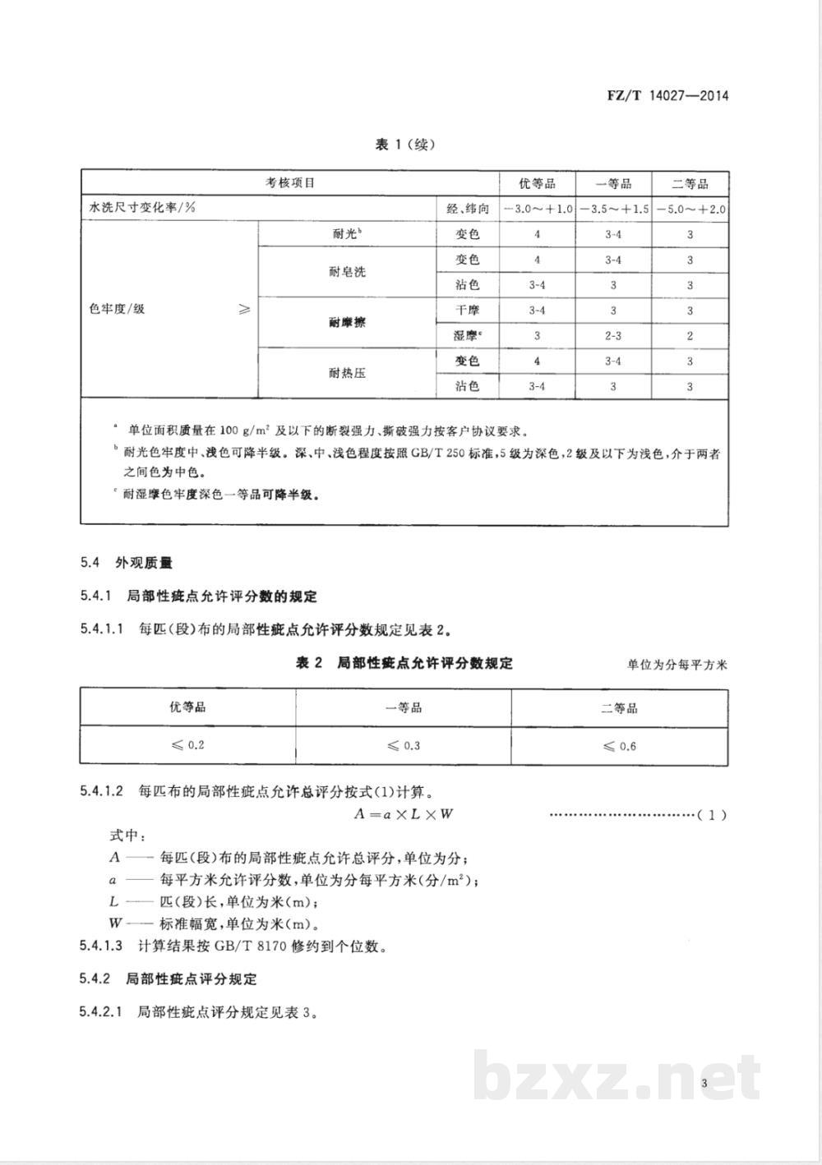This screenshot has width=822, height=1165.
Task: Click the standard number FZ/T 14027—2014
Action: pyautogui.click(x=667, y=95)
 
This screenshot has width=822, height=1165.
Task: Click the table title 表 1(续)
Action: pyautogui.click(x=404, y=145)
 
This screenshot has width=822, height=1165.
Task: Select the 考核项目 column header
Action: pyautogui.click(x=289, y=182)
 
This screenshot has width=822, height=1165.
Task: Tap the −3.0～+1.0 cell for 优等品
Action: pyautogui.click(x=537, y=209)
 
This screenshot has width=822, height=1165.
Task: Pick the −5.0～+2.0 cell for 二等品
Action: pyautogui.click(x=690, y=209)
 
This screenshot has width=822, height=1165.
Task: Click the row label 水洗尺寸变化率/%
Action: pyautogui.click(x=142, y=208)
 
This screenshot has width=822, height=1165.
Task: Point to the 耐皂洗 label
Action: pyautogui.click(x=346, y=272)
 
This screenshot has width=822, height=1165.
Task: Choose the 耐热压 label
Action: pyautogui.click(x=346, y=373)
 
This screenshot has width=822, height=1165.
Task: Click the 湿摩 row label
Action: pyautogui.click(x=466, y=335)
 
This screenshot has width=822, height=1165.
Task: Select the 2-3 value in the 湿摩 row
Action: pyautogui.click(x=612, y=336)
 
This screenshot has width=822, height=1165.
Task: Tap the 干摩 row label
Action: pyautogui.click(x=466, y=310)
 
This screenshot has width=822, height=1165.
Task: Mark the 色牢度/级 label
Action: pyautogui.click(x=117, y=309)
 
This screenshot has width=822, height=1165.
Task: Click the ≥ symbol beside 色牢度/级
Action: pyautogui.click(x=244, y=309)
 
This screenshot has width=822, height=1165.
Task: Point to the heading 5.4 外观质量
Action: pyautogui.click(x=127, y=563)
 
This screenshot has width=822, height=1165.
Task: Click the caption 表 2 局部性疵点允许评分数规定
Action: pyautogui.click(x=404, y=662)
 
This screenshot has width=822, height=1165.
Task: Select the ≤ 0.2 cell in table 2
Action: pyautogui.click(x=187, y=745)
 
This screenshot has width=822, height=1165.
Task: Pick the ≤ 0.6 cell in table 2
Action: pyautogui.click(x=619, y=746)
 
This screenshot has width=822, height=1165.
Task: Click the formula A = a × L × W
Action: pyautogui.click(x=404, y=814)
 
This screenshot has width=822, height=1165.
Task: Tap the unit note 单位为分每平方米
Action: pyautogui.click(x=677, y=664)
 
